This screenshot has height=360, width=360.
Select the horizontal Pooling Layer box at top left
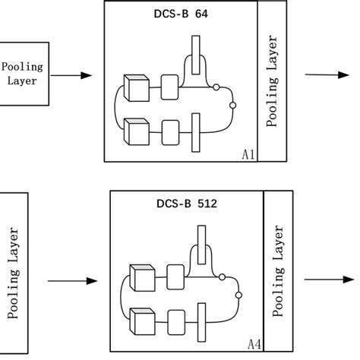(x=24, y=74)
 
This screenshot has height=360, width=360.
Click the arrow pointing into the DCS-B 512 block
(x=72, y=281)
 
